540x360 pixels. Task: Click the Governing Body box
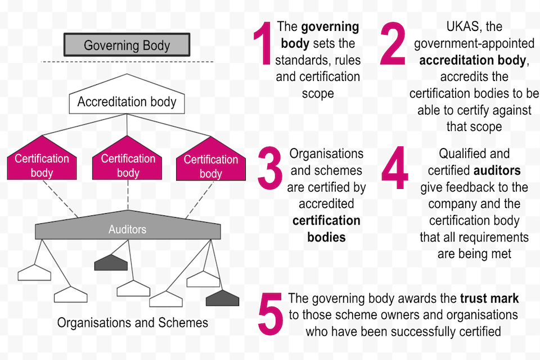[127, 45]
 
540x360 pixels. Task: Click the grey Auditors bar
[128, 229]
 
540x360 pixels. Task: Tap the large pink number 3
[271, 168]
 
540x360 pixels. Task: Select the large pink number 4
[395, 168]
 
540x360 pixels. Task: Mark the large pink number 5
[270, 314]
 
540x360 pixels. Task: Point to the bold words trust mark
[489, 299]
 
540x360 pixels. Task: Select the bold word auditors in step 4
[497, 170]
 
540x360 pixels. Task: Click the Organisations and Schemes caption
[133, 323]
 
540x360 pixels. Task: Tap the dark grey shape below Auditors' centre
[111, 262]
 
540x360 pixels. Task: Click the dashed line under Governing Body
[127, 61]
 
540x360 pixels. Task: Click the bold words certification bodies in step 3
[326, 228]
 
